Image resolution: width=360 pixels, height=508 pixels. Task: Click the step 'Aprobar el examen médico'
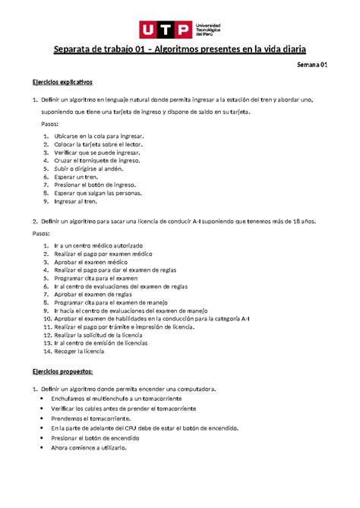pos(88,261)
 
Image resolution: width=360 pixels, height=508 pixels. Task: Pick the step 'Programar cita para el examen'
pos(96,278)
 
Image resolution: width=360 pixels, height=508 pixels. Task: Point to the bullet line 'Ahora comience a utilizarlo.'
pos(90,448)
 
